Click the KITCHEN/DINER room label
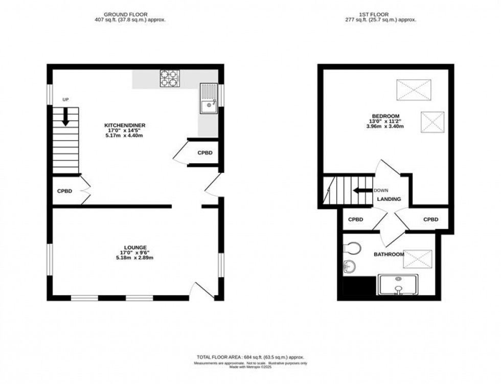122,125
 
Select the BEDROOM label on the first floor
386,116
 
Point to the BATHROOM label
389,255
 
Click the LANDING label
389,199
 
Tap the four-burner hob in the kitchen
170,78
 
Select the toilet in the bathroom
352,248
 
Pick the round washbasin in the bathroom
349,266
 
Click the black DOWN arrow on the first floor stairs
362,191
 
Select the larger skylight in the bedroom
415,91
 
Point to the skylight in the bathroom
419,259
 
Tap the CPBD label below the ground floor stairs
65,191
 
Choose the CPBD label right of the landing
431,219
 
